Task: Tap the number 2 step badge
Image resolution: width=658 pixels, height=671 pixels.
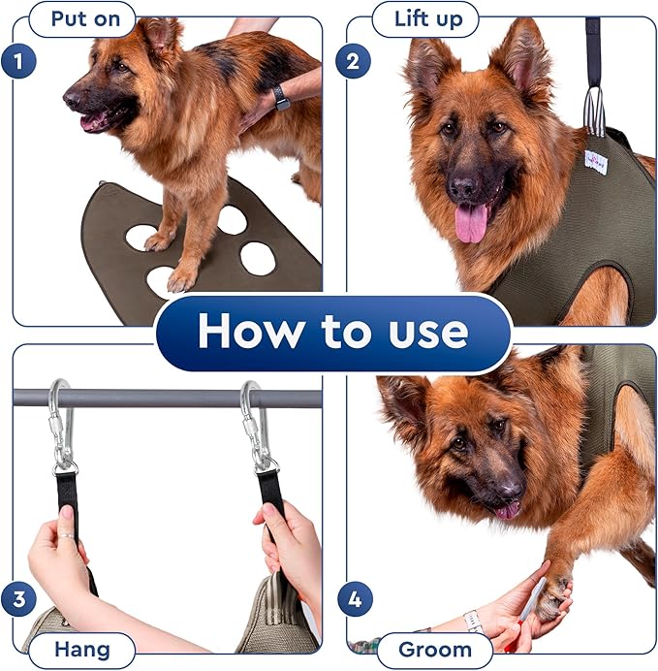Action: click(x=353, y=63)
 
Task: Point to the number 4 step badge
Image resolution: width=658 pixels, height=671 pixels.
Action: click(x=353, y=598)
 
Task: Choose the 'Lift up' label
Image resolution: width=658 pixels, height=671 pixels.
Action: click(x=422, y=18)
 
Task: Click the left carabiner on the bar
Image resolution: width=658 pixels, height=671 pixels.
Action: click(x=61, y=424)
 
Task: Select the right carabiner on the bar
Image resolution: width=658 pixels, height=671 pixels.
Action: click(x=254, y=424)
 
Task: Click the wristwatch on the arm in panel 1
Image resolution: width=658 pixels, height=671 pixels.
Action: click(x=281, y=97)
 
